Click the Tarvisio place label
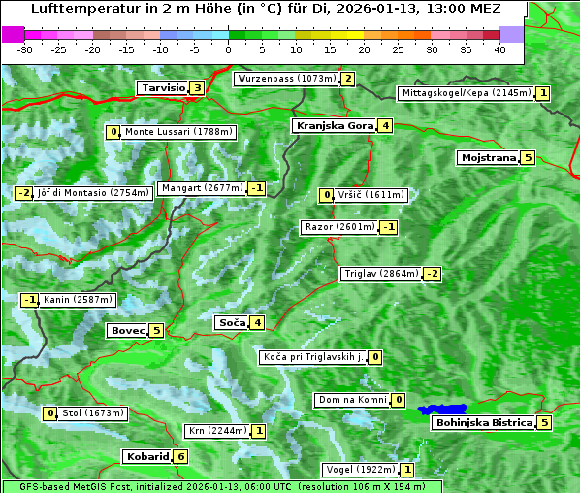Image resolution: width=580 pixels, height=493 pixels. pyautogui.click(x=162, y=88)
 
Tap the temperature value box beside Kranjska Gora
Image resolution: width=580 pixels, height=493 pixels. pyautogui.click(x=386, y=125)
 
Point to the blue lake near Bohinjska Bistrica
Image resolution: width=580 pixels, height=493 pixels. pyautogui.click(x=442, y=410)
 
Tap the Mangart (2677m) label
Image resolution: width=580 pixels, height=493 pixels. pyautogui.click(x=202, y=188)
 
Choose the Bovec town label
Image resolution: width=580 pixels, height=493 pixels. pyautogui.click(x=127, y=330)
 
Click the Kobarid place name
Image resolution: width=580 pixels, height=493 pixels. pyautogui.click(x=147, y=456)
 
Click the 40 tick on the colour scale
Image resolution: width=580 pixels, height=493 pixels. pyautogui.click(x=499, y=49)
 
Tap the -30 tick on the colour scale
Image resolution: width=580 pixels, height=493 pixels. pyautogui.click(x=25, y=49)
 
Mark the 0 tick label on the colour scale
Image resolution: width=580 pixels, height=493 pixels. pyautogui.click(x=229, y=49)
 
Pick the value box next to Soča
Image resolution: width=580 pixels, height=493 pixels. pyautogui.click(x=257, y=323)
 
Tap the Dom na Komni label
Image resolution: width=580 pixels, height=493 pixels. pyautogui.click(x=353, y=400)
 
